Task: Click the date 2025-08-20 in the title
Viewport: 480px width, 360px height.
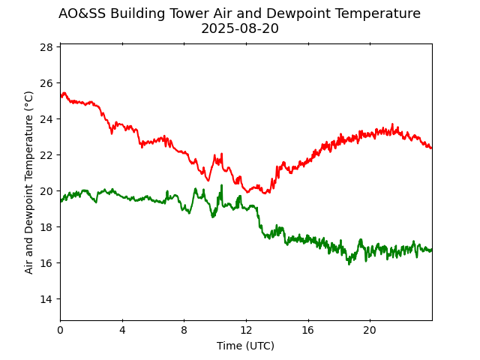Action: click(239, 28)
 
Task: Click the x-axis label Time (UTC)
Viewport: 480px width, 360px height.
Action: click(245, 346)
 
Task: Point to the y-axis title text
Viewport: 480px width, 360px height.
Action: click(29, 182)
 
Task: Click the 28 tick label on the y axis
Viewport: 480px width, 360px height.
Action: click(46, 47)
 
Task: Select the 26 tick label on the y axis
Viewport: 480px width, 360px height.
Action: click(46, 83)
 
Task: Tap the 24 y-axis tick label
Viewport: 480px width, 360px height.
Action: click(46, 119)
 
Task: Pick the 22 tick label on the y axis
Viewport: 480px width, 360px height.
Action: click(46, 155)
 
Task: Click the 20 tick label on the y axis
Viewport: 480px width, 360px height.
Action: click(46, 191)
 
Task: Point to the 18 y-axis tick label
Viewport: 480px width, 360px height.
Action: click(46, 227)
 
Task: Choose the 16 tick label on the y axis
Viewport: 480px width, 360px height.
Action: click(46, 263)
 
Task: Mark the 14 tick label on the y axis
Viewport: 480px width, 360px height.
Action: click(46, 299)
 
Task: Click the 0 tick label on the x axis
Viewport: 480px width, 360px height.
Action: click(60, 330)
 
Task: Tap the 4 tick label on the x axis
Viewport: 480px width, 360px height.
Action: click(122, 330)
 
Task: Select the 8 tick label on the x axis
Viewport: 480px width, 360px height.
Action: click(184, 330)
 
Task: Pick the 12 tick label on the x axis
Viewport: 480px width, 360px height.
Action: click(246, 330)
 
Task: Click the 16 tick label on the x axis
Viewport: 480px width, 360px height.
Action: click(307, 330)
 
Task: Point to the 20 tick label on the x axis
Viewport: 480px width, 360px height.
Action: click(370, 330)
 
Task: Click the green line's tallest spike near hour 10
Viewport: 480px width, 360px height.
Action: click(221, 185)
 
